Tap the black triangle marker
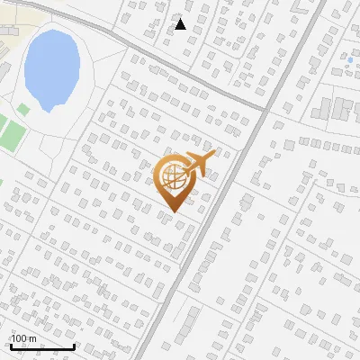coord(181,24)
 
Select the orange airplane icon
coord(197,164)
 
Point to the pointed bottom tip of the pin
coord(172,212)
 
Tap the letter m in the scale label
coord(33,338)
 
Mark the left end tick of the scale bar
coord(11,346)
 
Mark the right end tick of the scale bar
coord(74,346)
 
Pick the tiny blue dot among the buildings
coord(349,59)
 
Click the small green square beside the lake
coord(23,108)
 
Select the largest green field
coord(10,133)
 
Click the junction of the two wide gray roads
coord(266,109)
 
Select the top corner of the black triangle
coord(181,19)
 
